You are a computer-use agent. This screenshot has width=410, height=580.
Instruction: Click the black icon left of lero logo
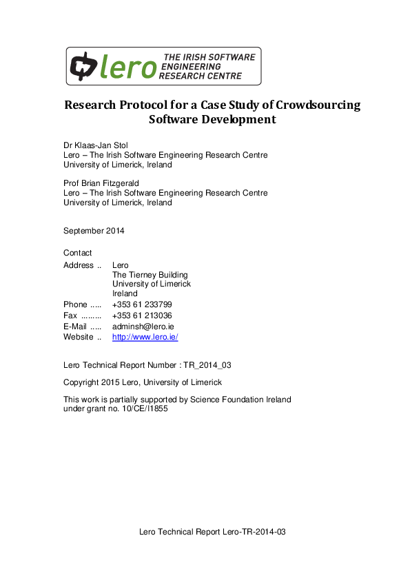pos(83,65)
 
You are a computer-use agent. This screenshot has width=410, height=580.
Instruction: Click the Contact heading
pos(77,253)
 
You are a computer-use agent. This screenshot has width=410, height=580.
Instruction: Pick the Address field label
pos(79,265)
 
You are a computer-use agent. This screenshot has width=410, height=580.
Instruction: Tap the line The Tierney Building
pos(150,275)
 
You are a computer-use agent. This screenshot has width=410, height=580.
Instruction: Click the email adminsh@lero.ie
pos(143,326)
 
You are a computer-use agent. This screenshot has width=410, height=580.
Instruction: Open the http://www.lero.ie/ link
pos(145,337)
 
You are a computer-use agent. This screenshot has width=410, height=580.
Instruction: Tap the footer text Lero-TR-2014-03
pos(254,532)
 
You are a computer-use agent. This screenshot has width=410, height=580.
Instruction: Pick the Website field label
pos(79,337)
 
